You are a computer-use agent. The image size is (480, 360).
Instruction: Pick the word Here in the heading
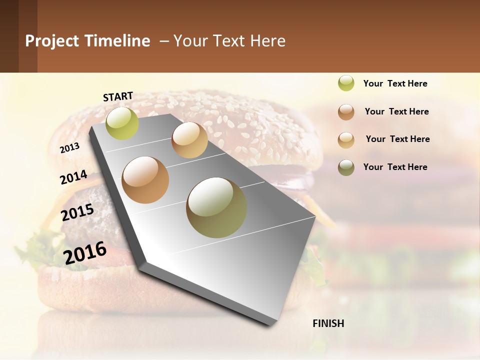pyautogui.click(x=267, y=41)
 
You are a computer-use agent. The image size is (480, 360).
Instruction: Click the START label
pyautogui.click(x=118, y=96)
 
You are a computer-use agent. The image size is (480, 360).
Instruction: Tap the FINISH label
pyautogui.click(x=328, y=323)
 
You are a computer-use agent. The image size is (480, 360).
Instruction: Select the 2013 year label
pyautogui.click(x=69, y=147)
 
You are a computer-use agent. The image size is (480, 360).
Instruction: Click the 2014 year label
pyautogui.click(x=73, y=177)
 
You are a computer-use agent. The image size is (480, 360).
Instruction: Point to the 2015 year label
pyautogui.click(x=77, y=212)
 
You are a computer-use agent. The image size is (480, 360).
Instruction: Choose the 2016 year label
pyautogui.click(x=85, y=252)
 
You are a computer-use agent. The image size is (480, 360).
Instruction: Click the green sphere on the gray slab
pyautogui.click(x=122, y=123)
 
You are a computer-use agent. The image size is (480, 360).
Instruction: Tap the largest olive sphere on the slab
pyautogui.click(x=216, y=207)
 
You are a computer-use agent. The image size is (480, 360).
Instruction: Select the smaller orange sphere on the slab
pyautogui.click(x=189, y=140)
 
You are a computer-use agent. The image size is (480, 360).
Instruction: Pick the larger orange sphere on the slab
pyautogui.click(x=145, y=179)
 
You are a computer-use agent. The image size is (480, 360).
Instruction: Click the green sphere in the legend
pyautogui.click(x=346, y=83)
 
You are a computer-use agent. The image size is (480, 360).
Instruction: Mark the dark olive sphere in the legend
pyautogui.click(x=346, y=167)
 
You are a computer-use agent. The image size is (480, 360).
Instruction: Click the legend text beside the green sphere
pyautogui.click(x=395, y=83)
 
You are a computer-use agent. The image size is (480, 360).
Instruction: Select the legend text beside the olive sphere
pyautogui.click(x=395, y=167)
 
